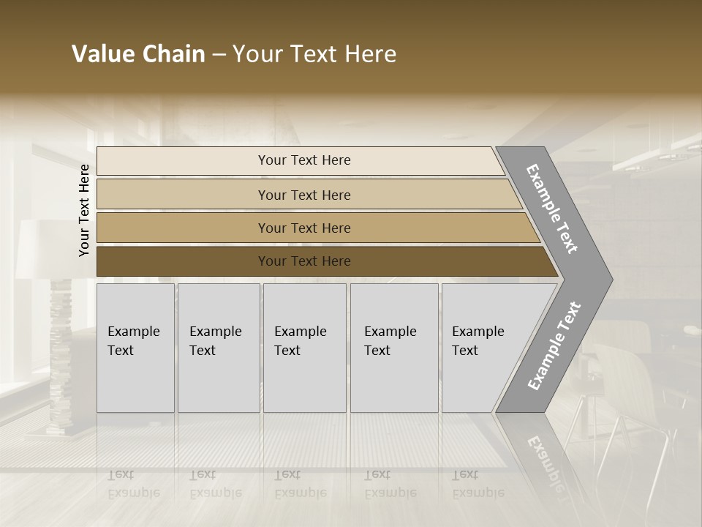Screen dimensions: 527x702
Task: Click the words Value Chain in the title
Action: [138, 54]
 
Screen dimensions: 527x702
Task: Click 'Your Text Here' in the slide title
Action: [314, 54]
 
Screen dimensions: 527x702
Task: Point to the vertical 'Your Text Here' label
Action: [84, 210]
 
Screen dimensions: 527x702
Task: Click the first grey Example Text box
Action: [135, 381]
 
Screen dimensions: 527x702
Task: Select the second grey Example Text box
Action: [219, 381]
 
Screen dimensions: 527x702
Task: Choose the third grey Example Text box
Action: [304, 381]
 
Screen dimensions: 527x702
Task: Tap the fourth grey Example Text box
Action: [394, 381]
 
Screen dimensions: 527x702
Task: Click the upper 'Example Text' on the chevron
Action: [552, 209]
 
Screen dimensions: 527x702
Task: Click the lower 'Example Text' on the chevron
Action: [554, 346]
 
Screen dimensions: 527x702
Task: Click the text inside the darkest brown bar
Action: [304, 261]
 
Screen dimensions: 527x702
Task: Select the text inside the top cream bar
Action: [304, 160]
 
